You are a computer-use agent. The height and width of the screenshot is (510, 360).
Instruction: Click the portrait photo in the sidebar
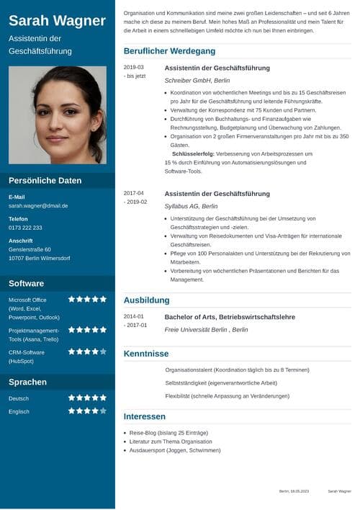click(x=58, y=115)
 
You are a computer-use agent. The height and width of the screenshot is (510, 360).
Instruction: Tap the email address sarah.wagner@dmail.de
click(x=38, y=205)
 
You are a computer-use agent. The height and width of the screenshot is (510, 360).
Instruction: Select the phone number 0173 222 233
click(x=25, y=228)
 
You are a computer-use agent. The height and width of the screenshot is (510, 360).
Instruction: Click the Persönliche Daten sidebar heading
click(x=45, y=181)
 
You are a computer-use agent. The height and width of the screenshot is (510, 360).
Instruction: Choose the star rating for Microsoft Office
click(x=87, y=299)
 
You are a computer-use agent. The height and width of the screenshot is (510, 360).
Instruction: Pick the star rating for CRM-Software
click(x=87, y=352)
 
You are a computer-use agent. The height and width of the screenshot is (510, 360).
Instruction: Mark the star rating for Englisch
click(x=87, y=411)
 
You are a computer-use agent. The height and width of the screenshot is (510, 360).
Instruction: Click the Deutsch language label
click(x=19, y=398)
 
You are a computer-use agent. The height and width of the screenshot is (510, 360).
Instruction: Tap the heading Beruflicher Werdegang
click(x=169, y=51)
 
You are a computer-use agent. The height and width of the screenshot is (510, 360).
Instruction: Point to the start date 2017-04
click(x=133, y=193)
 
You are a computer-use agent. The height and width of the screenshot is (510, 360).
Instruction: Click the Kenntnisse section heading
click(x=146, y=354)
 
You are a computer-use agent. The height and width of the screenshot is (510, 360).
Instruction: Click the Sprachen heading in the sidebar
click(x=27, y=382)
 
